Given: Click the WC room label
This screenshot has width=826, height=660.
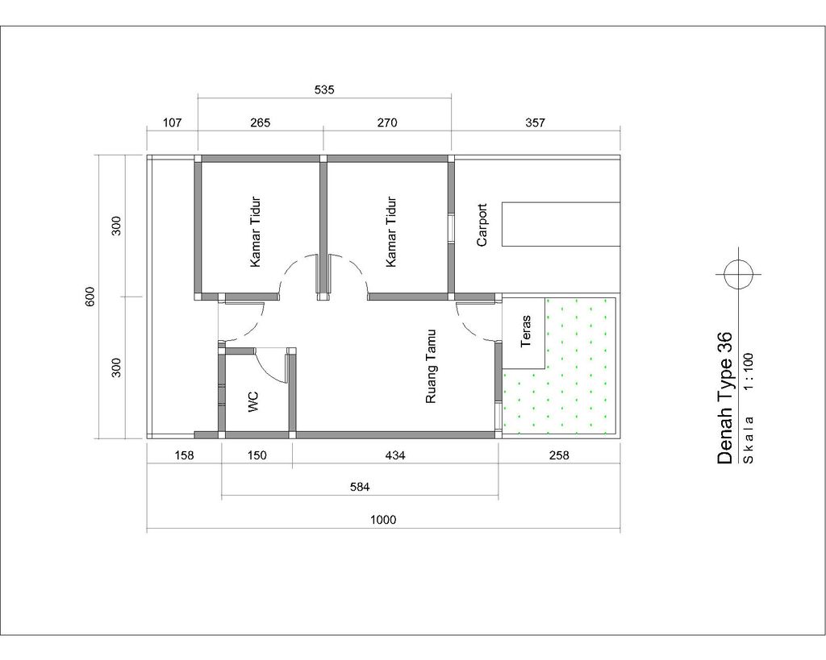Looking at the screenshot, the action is click(253, 401).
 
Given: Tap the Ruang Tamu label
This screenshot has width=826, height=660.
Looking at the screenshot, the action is click(431, 367).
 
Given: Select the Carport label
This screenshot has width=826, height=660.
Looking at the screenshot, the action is click(482, 226).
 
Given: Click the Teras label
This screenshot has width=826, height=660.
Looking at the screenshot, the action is click(525, 331).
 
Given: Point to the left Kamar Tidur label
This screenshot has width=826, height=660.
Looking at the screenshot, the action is click(256, 232).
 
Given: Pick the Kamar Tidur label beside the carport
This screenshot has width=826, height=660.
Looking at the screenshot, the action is click(391, 232).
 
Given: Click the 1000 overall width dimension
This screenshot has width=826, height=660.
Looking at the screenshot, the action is click(383, 520).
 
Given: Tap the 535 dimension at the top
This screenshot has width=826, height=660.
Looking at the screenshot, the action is click(324, 89).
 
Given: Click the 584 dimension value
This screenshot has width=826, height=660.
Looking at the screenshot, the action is click(360, 487).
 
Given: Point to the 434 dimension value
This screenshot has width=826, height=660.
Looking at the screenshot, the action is click(395, 455).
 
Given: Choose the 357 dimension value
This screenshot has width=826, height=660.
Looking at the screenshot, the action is click(536, 122).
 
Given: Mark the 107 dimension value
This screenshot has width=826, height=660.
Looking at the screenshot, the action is click(173, 122).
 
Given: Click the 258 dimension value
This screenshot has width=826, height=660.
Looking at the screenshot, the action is click(559, 455).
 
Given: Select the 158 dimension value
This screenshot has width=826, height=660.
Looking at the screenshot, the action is click(184, 455).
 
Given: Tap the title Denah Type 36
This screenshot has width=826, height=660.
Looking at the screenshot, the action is click(725, 397).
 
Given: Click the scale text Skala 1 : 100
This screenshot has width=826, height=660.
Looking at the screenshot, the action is click(749, 408).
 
